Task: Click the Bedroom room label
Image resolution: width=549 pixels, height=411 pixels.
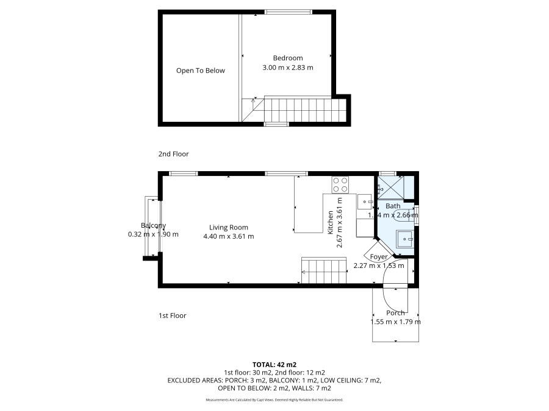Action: coord(287,58)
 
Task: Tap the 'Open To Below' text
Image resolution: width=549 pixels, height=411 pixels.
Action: coord(200,71)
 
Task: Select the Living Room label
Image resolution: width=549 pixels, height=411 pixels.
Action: coord(228,227)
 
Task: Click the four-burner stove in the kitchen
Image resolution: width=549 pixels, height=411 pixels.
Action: coord(340,184)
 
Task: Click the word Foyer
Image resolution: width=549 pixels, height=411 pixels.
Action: coord(379,257)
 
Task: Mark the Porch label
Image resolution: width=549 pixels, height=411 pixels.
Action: coord(395,313)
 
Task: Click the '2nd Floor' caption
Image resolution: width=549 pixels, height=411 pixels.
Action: coord(173,155)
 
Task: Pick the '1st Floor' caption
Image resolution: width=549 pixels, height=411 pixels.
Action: coord(172,316)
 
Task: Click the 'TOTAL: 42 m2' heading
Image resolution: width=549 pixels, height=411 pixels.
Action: coord(274,364)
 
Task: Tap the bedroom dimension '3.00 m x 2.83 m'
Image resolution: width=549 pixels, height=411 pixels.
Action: coord(287,68)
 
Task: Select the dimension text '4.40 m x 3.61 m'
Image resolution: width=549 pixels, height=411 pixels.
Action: coord(228,236)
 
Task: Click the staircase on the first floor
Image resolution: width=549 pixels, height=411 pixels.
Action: coord(324,270)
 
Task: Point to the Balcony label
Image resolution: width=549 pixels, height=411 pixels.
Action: coord(153,225)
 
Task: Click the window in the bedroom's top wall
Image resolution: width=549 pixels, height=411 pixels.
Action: coord(288,12)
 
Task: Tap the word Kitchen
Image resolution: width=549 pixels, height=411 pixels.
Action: coord(331,223)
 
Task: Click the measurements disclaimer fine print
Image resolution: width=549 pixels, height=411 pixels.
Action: coord(274,400)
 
